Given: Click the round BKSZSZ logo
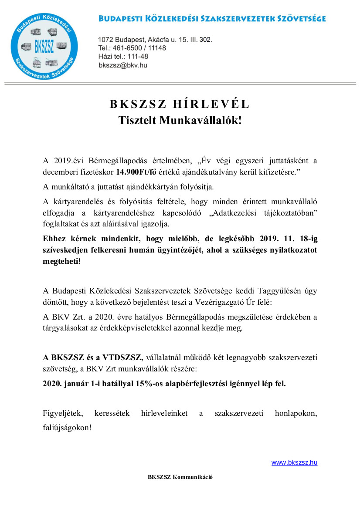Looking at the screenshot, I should pyautogui.click(x=45, y=46).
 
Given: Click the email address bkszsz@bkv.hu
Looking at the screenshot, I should pyautogui.click(x=123, y=65).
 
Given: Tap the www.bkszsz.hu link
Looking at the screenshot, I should pyautogui.click(x=294, y=462).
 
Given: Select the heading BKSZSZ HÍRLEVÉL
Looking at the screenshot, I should pyautogui.click(x=180, y=104).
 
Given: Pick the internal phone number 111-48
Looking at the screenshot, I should pyautogui.click(x=137, y=57).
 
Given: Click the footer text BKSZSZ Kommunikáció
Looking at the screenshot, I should pyautogui.click(x=180, y=477).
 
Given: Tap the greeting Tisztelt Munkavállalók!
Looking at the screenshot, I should pyautogui.click(x=180, y=121).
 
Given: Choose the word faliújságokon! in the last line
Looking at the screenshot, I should pyautogui.click(x=67, y=428).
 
